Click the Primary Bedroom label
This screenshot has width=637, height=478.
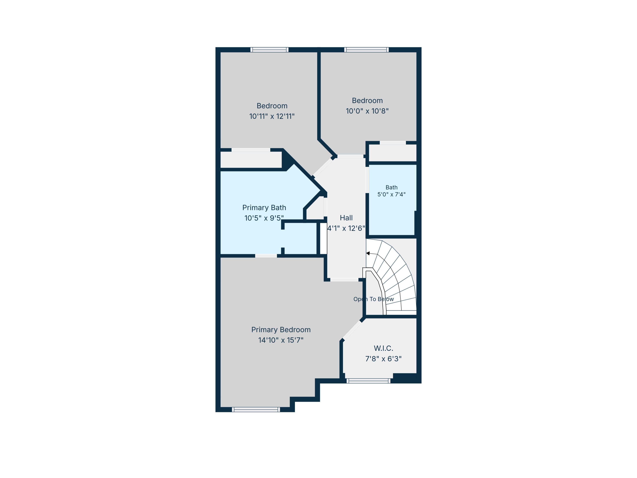[x=281, y=330]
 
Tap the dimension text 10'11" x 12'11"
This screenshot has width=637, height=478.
[x=272, y=116]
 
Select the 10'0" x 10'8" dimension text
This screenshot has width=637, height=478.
[x=367, y=111]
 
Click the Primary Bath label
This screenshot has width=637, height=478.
[x=264, y=208]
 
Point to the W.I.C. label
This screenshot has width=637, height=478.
[x=383, y=348]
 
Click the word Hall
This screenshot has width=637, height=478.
[x=346, y=218]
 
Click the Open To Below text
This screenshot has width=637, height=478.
[x=374, y=299]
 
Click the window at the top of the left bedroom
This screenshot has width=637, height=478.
[x=269, y=50]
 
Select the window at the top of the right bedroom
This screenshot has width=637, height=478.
[x=366, y=50]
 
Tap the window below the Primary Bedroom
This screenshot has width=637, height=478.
[x=256, y=409]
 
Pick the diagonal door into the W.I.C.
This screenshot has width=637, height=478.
[x=352, y=330]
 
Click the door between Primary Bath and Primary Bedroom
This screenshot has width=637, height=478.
[x=266, y=256]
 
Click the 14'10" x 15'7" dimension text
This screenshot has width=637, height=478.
[x=281, y=340]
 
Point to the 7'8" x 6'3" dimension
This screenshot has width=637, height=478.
[x=383, y=359]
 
